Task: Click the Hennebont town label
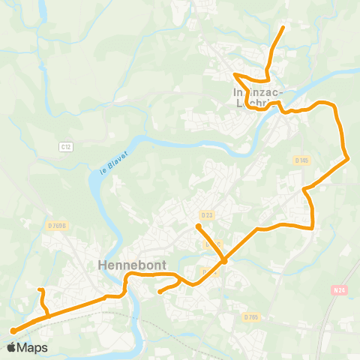tap(124, 265)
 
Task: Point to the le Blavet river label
tap(104, 162)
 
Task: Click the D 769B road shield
tap(55, 224)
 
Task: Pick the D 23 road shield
tap(208, 216)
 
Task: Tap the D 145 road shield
tap(301, 160)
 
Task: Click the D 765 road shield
tap(250, 317)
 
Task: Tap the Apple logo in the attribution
tap(12, 347)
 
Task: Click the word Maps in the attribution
tap(33, 347)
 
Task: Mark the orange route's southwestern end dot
tap(13, 330)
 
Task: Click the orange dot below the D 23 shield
tap(198, 226)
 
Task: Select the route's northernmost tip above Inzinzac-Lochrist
tap(283, 27)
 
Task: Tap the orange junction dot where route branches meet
tap(223, 261)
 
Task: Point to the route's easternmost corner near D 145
tap(347, 158)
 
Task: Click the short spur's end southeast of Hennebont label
tap(160, 292)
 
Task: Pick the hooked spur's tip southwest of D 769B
tap(40, 289)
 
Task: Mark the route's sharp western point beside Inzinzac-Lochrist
tap(235, 74)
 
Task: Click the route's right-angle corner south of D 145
tap(311, 227)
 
